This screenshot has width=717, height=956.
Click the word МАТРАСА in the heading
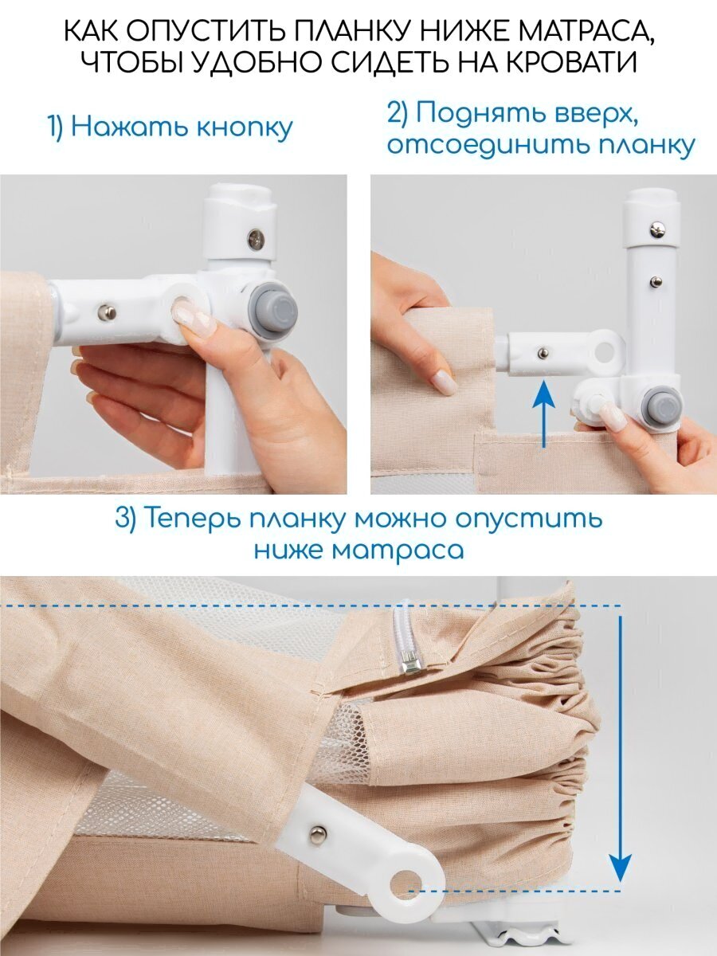point(575,32)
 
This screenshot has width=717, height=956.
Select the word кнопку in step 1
point(245,128)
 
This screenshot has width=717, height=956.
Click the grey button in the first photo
point(273,307)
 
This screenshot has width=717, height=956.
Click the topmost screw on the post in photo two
point(657,230)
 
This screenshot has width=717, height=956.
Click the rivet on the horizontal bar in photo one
point(107,312)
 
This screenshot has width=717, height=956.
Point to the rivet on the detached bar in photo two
point(543,353)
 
